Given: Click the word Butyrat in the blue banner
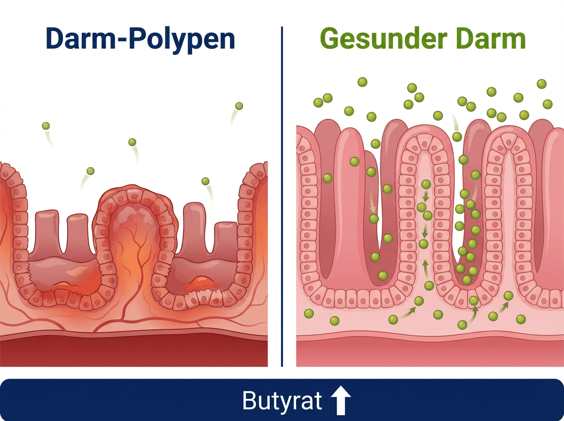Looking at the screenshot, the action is [x=282, y=401].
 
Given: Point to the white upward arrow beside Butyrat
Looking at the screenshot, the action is [x=341, y=401].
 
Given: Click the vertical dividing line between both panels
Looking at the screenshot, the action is [x=282, y=197].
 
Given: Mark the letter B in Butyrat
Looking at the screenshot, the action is [x=249, y=401].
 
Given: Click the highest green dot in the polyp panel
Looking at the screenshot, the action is [x=239, y=106].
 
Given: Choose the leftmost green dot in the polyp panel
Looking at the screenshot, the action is [x=46, y=126].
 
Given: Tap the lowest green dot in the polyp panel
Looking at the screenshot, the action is [x=205, y=181].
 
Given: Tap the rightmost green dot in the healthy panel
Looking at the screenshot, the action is [x=548, y=104].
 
